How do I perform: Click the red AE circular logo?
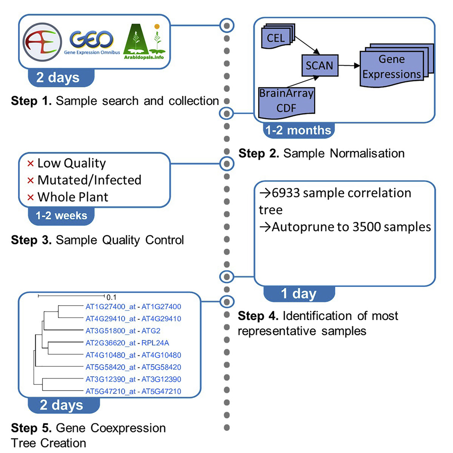(42, 42)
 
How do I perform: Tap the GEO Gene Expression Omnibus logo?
(92, 43)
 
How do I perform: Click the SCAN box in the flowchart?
(320, 65)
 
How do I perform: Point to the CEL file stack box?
(278, 36)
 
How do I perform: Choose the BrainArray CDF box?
(286, 102)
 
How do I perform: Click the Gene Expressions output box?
(397, 65)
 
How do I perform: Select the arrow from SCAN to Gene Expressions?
(349, 65)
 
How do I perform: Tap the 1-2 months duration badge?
(298, 131)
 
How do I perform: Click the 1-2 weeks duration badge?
(61, 216)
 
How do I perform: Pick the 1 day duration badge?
(299, 294)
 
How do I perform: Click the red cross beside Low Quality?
(30, 164)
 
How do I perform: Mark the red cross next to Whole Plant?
(30, 197)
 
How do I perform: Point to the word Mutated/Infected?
(90, 180)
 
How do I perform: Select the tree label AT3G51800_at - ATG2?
(123, 331)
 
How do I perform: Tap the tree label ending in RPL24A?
(127, 343)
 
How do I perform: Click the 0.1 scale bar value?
(111, 297)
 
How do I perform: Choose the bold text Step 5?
(31, 428)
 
